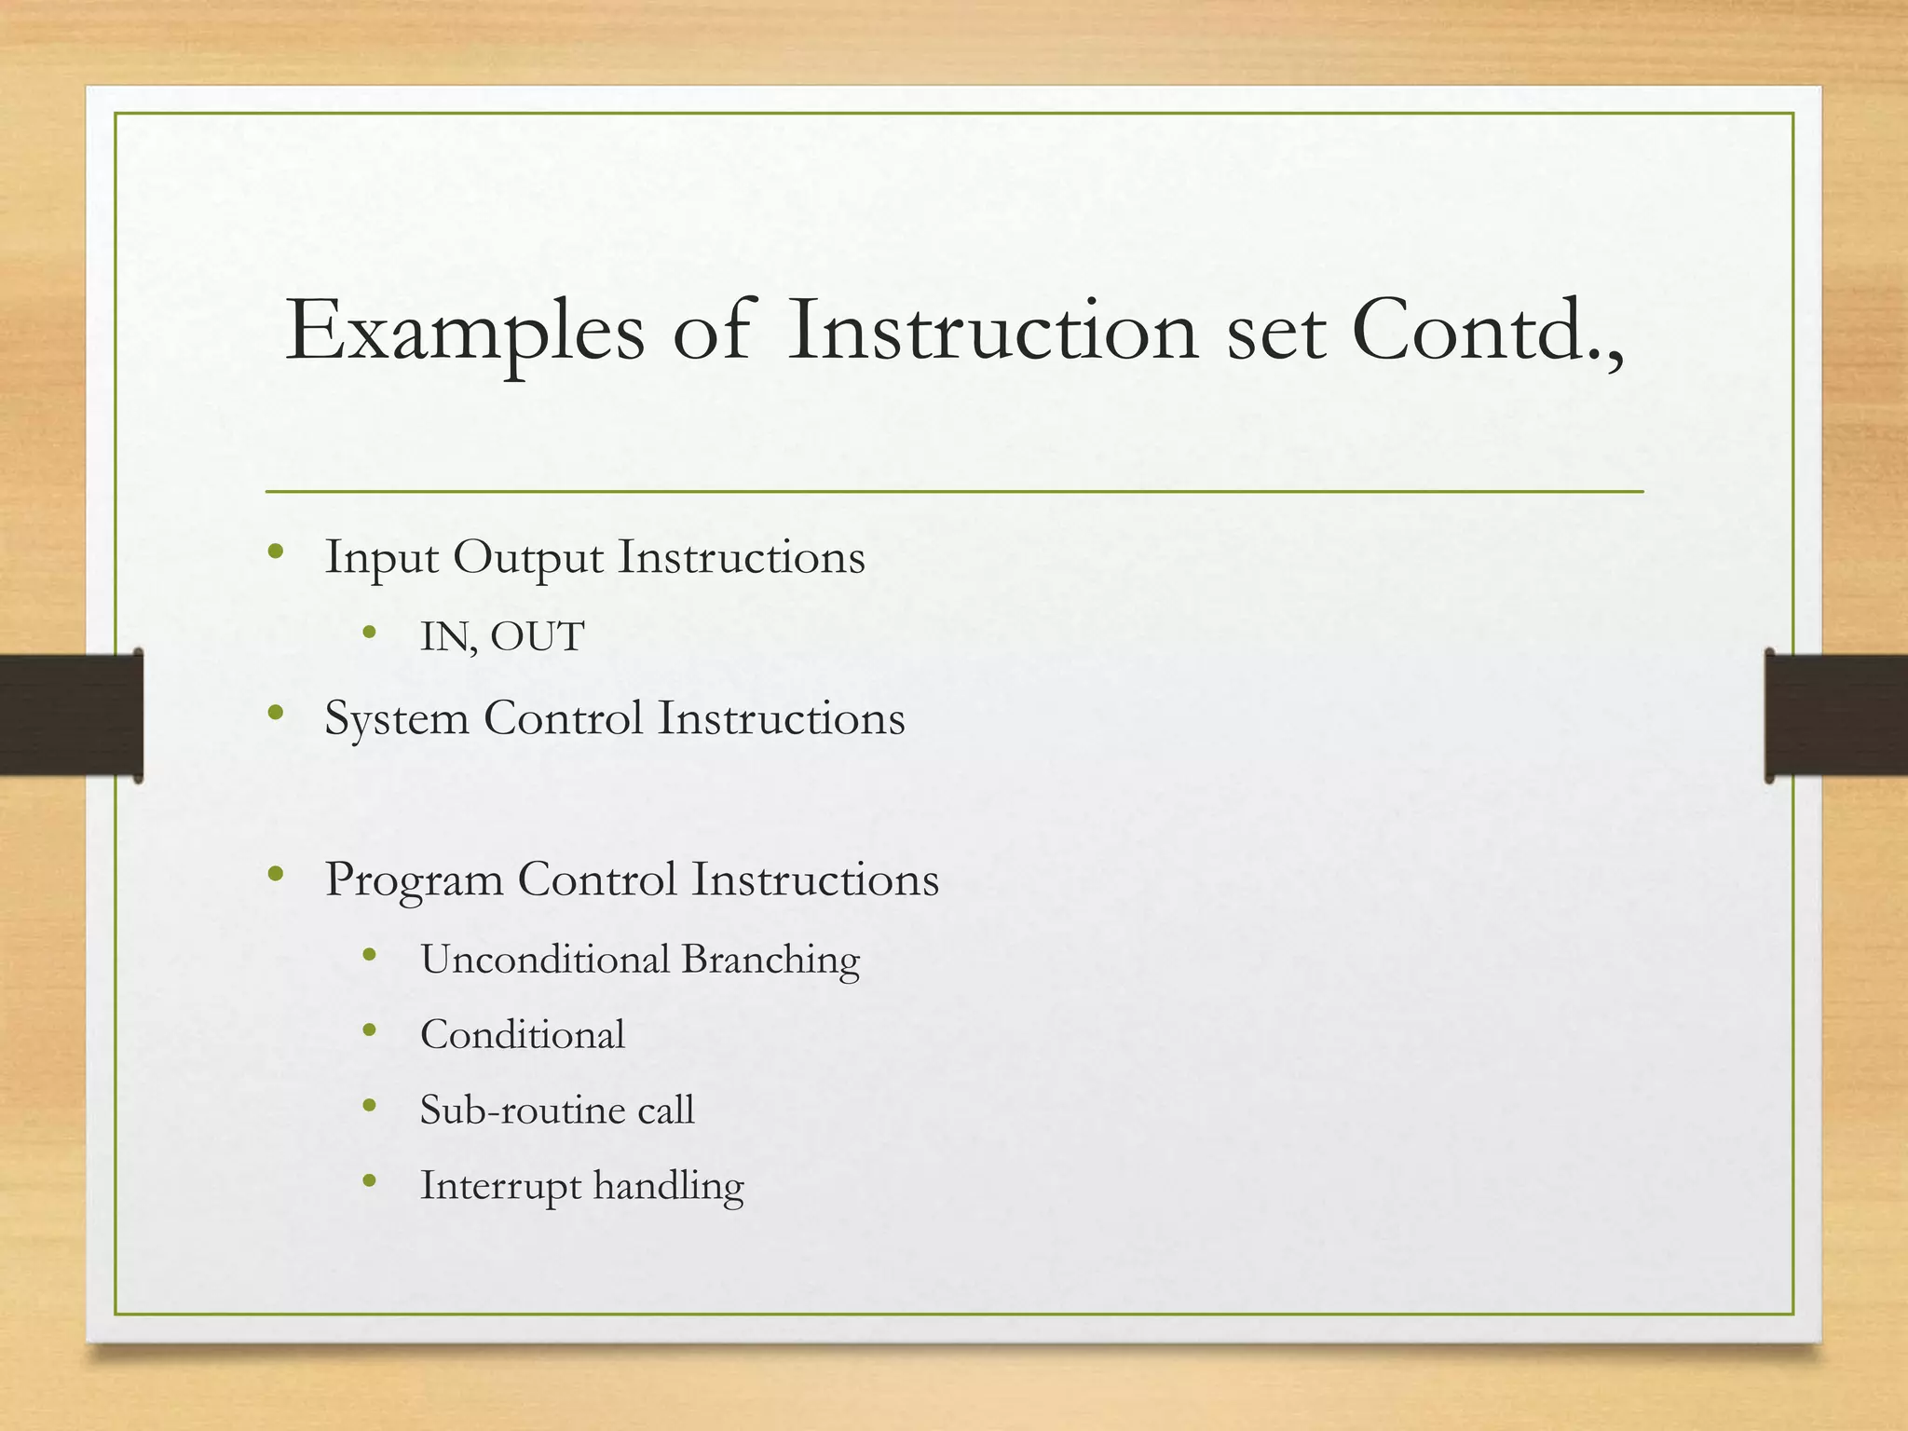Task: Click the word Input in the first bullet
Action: [x=381, y=559]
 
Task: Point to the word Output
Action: [x=528, y=559]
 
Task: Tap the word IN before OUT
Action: [x=445, y=637]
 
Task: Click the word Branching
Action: [x=770, y=961]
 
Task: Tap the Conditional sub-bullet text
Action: [x=522, y=1035]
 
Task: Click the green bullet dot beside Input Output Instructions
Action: [x=274, y=551]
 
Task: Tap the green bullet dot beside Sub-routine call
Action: [x=370, y=1106]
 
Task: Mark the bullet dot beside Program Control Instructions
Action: [x=274, y=873]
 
